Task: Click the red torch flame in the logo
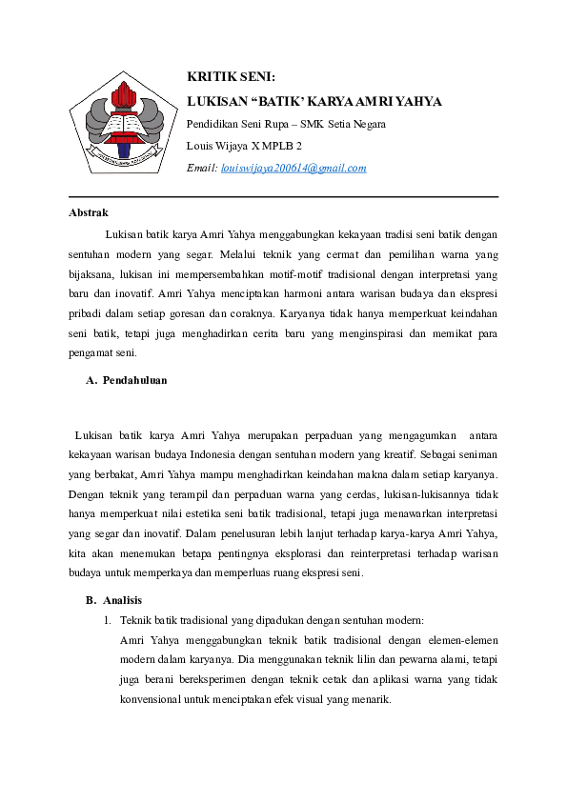point(121,93)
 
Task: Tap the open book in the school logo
point(121,126)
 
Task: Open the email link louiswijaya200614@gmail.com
point(294,168)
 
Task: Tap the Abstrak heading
point(89,212)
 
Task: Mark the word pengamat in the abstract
point(94,352)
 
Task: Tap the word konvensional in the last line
point(154,700)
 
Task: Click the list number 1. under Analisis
point(108,620)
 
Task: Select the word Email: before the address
point(201,168)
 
